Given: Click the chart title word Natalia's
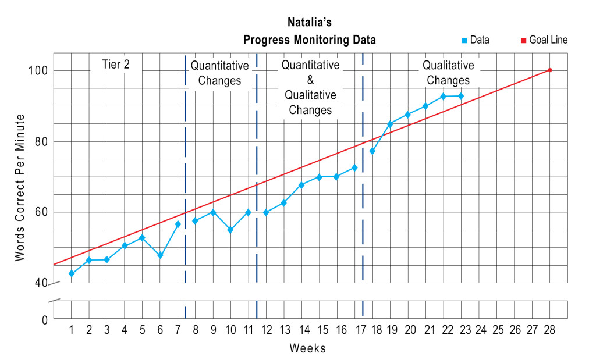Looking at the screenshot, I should (x=309, y=23).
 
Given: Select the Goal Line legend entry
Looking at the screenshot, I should (x=544, y=40).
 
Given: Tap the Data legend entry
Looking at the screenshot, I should (x=475, y=40).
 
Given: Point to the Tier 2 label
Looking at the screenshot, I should (x=116, y=65).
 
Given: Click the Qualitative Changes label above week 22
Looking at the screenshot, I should (x=448, y=73).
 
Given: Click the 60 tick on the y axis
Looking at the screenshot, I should (x=41, y=212).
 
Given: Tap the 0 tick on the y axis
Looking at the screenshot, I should (x=44, y=319).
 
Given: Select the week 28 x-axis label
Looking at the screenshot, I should (x=549, y=330).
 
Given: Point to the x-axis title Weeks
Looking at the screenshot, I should (x=308, y=348).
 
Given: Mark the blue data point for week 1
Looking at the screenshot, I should (x=72, y=273).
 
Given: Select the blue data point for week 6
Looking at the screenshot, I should (x=160, y=255).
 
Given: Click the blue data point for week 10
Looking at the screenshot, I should (x=230, y=230).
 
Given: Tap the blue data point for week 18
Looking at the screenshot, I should (x=372, y=151).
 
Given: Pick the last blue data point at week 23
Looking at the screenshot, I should (x=461, y=96).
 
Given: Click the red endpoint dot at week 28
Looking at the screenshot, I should (x=549, y=70).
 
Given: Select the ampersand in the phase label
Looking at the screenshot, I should (x=310, y=80).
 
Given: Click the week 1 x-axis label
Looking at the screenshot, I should (x=72, y=330).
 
